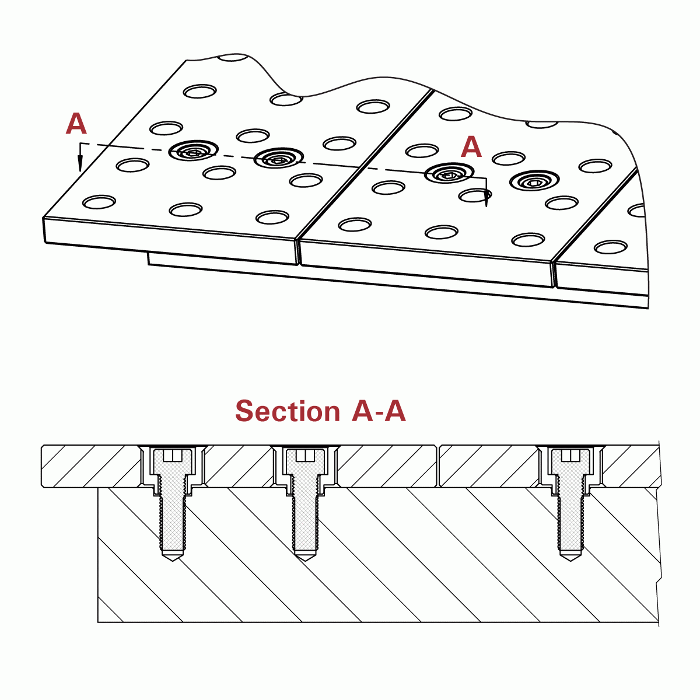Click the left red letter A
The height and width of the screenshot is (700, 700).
[x=76, y=124]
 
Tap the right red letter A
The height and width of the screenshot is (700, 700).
[x=471, y=148]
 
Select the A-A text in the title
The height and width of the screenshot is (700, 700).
[x=379, y=411]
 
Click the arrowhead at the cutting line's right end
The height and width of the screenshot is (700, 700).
[x=487, y=201]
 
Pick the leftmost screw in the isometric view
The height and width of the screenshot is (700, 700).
[x=193, y=152]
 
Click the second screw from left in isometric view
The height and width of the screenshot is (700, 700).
[x=279, y=158]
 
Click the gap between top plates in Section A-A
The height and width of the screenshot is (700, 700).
[x=438, y=466]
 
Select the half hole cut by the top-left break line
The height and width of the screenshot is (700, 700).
[x=232, y=57]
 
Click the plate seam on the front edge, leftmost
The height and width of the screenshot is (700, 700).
[x=298, y=251]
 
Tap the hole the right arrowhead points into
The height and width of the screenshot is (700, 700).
[x=474, y=195]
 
